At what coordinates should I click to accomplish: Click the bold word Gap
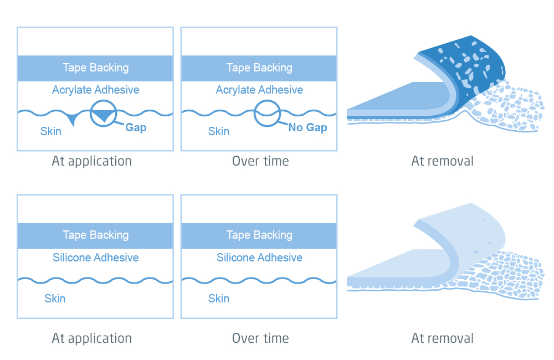click(136, 127)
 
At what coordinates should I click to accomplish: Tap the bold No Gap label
click(307, 127)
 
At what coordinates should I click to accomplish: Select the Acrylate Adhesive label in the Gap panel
click(95, 90)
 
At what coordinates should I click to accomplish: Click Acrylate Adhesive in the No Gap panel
click(259, 90)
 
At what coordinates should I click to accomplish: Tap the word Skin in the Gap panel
click(51, 131)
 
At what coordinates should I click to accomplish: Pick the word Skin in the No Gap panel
click(218, 131)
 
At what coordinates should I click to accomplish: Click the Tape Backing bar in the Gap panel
click(95, 68)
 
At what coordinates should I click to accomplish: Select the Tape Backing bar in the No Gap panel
click(259, 68)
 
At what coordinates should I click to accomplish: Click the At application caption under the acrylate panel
click(92, 161)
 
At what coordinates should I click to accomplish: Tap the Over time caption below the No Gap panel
click(260, 161)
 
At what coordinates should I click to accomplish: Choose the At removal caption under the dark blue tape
click(442, 161)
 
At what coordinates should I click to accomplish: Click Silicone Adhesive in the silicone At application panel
click(95, 258)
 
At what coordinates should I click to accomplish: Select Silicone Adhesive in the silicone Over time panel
click(259, 258)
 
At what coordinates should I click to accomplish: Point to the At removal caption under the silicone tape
click(442, 338)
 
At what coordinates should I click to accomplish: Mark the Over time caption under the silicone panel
click(260, 338)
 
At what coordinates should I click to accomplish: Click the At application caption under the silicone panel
click(92, 338)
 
